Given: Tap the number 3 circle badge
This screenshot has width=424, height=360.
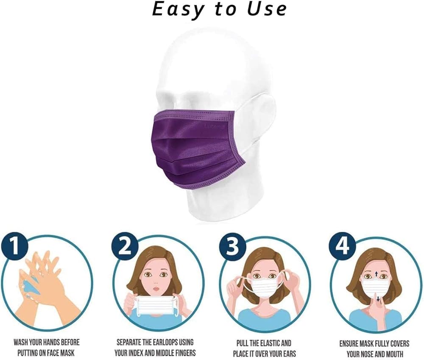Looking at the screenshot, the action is tap(232, 247).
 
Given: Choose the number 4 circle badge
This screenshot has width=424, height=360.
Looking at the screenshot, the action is tap(342, 247).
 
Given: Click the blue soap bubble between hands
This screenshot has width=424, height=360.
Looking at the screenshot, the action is tap(31, 287).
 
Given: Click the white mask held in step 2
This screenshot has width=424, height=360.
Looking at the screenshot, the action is tap(156, 305).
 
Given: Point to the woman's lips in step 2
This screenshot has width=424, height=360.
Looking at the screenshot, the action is tap(156, 288).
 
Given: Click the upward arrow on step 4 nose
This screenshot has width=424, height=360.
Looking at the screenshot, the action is tap(376, 274).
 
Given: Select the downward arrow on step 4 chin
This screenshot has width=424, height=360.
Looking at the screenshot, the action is tap(378, 299).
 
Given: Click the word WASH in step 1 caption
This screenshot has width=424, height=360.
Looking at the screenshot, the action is tap(21, 343).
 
